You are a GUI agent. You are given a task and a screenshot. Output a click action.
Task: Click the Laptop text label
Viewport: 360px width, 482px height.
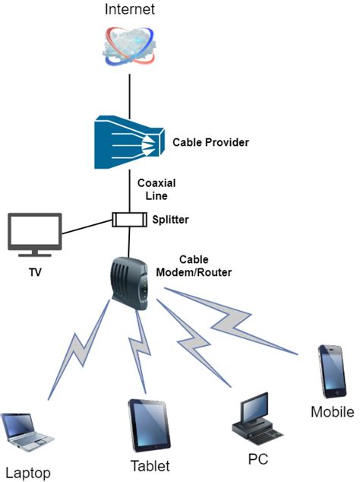coord(27,472)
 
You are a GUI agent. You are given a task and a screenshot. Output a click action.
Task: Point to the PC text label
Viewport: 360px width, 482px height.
coord(258,459)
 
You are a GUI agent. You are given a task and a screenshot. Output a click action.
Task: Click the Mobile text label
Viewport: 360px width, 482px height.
coord(332,413)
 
